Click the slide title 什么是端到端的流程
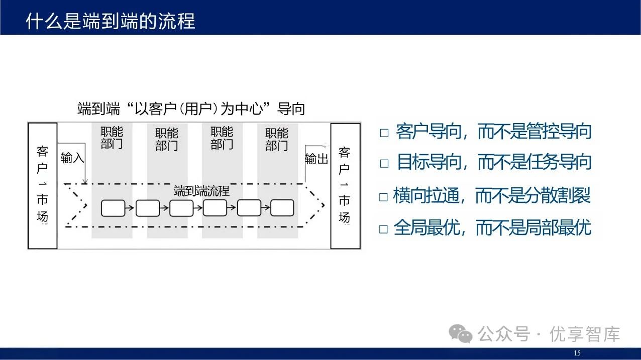click(110, 22)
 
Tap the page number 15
click(577, 353)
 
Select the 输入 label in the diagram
click(72, 158)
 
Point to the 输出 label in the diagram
click(316, 159)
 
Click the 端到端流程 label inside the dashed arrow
click(201, 191)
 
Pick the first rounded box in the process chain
click(113, 208)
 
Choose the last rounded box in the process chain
click(282, 208)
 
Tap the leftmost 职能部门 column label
click(112, 138)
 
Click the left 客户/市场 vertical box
click(43, 186)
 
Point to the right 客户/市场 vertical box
click(345, 186)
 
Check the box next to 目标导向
click(384, 163)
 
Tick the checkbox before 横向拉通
click(384, 197)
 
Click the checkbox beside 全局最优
click(384, 229)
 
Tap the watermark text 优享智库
click(585, 334)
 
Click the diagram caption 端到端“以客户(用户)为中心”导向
click(191, 108)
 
